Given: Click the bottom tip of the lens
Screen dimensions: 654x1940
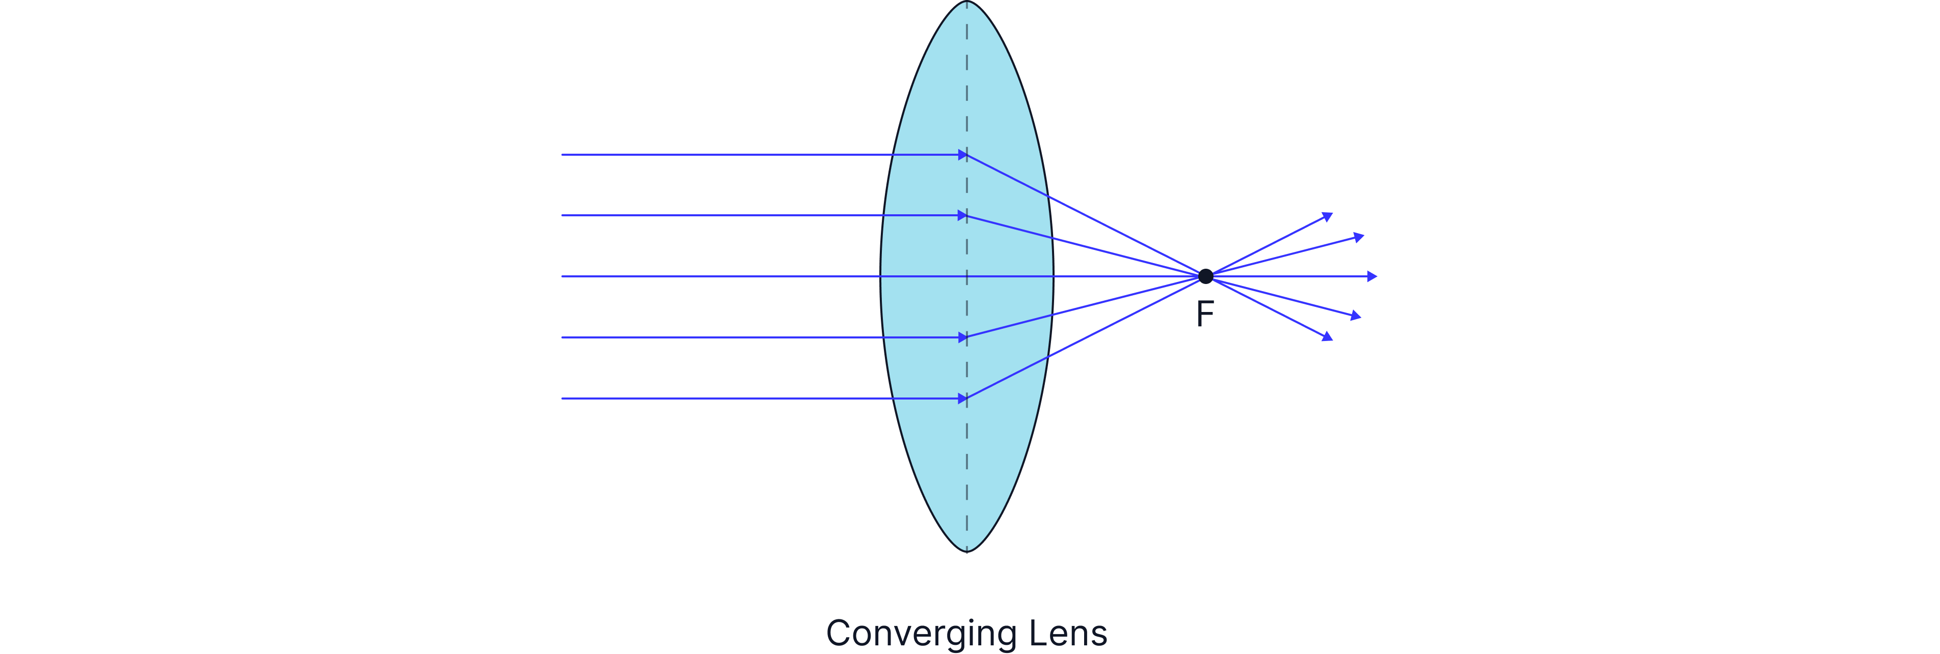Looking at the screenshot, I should (x=967, y=550).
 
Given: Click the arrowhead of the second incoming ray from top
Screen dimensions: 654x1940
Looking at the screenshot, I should (x=962, y=216).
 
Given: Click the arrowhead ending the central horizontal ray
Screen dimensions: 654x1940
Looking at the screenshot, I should (x=1372, y=277).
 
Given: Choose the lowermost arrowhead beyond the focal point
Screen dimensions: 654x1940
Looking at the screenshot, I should (x=1328, y=337).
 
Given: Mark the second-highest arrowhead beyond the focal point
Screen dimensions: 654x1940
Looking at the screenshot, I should (x=1359, y=238).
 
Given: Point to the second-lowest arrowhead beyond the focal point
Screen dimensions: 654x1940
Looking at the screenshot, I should (x=1356, y=316).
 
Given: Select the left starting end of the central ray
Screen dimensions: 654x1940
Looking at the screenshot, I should (x=562, y=277).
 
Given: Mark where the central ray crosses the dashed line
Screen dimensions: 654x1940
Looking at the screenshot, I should (x=967, y=277).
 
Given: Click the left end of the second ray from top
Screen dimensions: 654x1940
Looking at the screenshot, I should (x=562, y=216).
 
